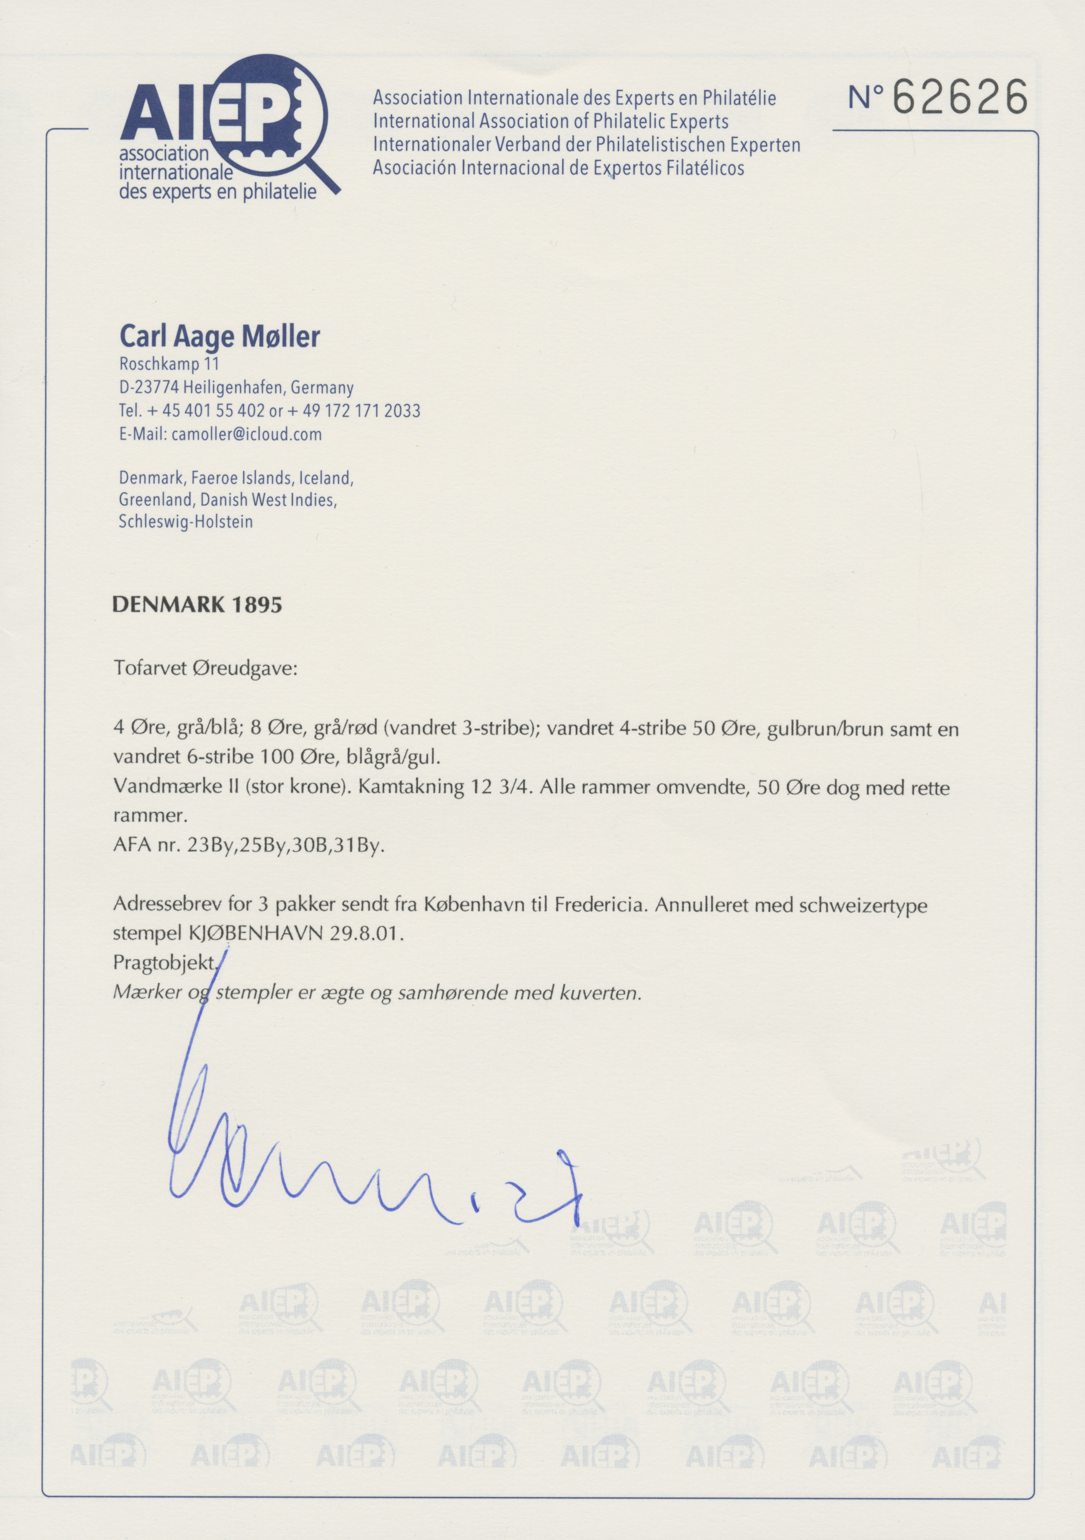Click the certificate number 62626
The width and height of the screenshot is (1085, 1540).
(x=961, y=97)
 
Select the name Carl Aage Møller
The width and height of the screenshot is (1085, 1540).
(x=219, y=337)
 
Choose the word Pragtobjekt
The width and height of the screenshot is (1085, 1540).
(x=165, y=962)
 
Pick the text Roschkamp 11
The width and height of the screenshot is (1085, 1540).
(x=169, y=364)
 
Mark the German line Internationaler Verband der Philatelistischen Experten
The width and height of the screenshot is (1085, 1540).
(x=587, y=144)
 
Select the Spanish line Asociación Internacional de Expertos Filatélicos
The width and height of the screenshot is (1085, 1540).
(x=558, y=168)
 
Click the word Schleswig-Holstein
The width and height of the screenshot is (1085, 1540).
(x=186, y=521)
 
